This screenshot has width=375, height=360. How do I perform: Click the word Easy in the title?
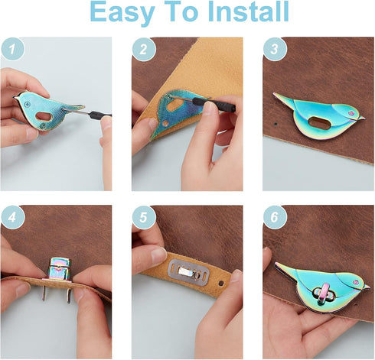(x=122, y=13)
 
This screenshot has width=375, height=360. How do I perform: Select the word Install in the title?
(x=248, y=11)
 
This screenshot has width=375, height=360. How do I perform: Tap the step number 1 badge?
(x=13, y=49)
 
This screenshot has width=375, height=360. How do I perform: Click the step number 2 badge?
(x=144, y=49)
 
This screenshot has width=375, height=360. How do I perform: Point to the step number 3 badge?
(x=275, y=49)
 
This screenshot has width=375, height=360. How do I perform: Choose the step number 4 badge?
(x=13, y=217)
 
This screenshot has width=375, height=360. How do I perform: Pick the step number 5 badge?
(x=144, y=217)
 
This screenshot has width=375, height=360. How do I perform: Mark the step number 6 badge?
(x=275, y=217)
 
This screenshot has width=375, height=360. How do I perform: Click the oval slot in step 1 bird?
(x=44, y=116)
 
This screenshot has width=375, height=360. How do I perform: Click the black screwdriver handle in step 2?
(x=214, y=104)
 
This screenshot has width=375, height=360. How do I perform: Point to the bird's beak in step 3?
(x=361, y=118)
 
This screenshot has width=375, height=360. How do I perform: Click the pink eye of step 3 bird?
(x=351, y=113)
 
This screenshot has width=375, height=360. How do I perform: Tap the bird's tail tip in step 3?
(x=275, y=94)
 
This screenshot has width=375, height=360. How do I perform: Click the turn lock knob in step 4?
(x=60, y=268)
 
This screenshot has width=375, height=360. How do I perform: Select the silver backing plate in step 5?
(x=188, y=272)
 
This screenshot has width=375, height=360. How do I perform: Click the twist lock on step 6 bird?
(x=323, y=294)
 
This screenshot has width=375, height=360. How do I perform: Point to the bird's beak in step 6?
(x=367, y=287)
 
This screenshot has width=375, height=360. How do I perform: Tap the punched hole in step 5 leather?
(x=221, y=283)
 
